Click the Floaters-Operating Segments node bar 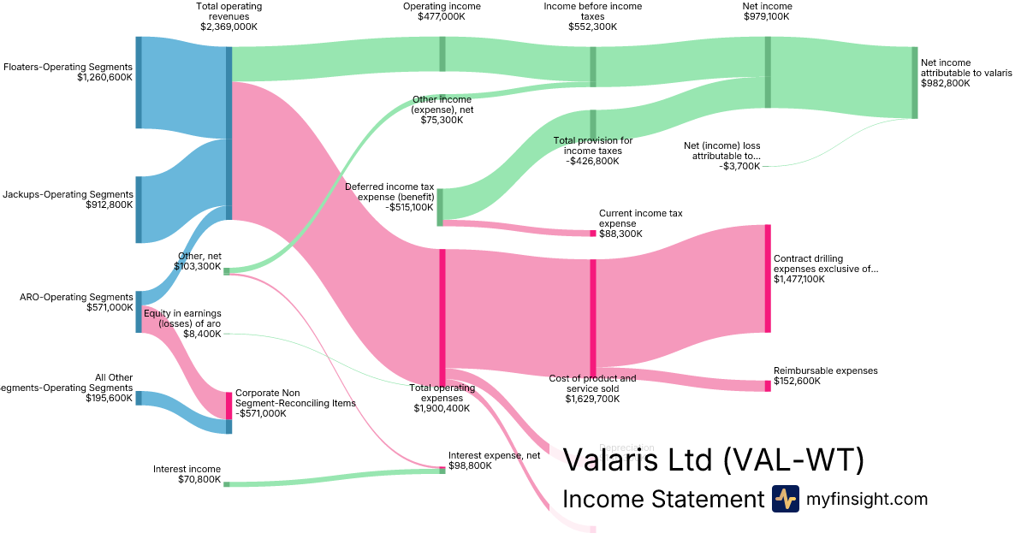click(x=139, y=82)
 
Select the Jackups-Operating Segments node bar click(x=139, y=209)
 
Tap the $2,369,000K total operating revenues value click(x=229, y=27)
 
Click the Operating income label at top click(x=442, y=7)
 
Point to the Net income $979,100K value click(x=767, y=16)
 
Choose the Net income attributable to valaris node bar click(x=914, y=83)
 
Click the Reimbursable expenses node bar click(x=768, y=386)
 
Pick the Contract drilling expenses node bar click(x=768, y=278)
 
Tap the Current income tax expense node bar click(x=592, y=234)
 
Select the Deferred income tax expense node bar click(x=440, y=207)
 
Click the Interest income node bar click(x=226, y=484)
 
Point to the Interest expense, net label click(x=494, y=456)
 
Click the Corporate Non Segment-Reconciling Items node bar click(x=229, y=412)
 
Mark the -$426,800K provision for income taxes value click(x=593, y=161)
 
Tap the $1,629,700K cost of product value click(x=592, y=399)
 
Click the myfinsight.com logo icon click(x=785, y=499)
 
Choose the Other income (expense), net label click(x=442, y=110)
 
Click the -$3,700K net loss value click(x=740, y=166)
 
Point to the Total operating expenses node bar click(x=442, y=317)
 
